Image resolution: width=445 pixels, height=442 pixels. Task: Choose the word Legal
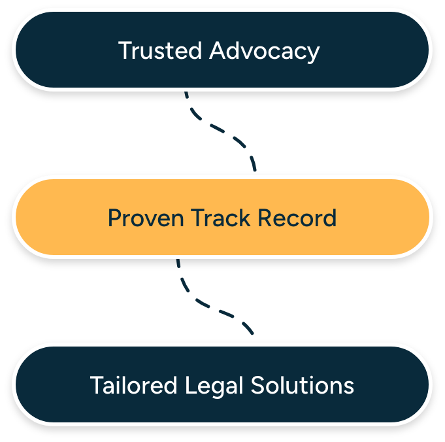coord(206,386)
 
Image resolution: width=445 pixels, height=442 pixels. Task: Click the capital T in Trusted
coord(124,50)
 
